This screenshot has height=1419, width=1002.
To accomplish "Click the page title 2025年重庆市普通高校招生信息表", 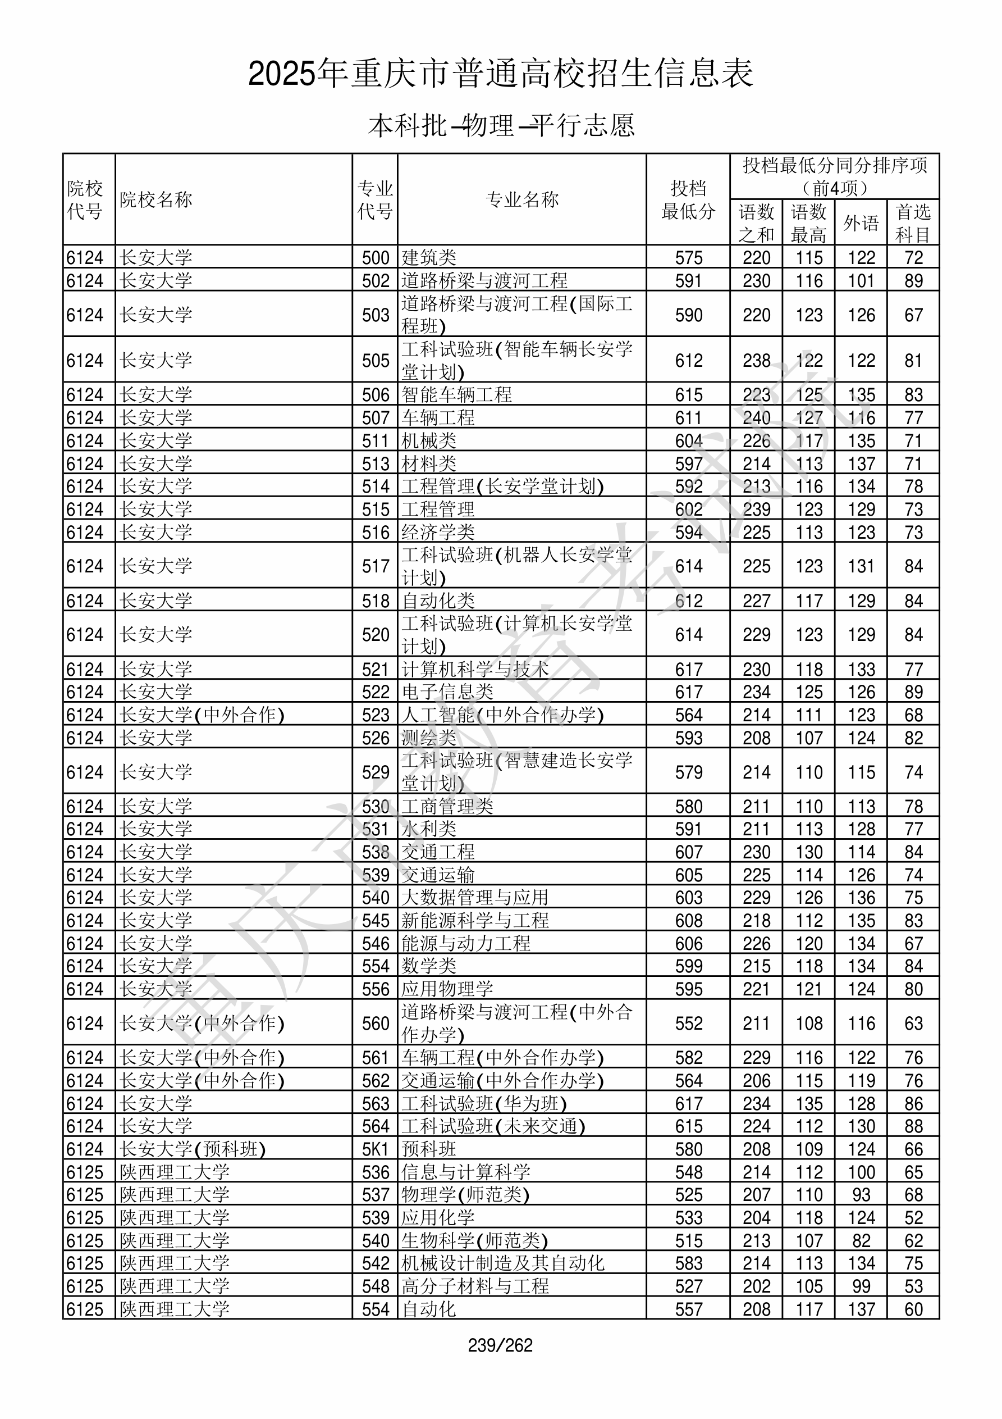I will [x=500, y=74].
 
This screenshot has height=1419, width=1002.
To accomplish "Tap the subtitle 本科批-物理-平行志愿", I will [x=501, y=125].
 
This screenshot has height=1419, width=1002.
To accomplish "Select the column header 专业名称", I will [x=522, y=199].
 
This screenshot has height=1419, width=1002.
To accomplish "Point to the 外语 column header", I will [x=861, y=222].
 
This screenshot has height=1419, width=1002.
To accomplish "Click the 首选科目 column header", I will [x=913, y=222].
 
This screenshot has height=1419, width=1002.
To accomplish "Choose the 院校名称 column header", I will [x=156, y=199].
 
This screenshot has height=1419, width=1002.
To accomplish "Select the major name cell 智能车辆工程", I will [x=456, y=394].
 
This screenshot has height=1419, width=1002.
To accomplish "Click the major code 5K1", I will [x=375, y=1149].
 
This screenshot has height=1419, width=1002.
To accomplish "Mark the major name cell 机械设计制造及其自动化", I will [x=503, y=1263].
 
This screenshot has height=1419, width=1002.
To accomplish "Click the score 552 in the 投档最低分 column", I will [x=688, y=1024].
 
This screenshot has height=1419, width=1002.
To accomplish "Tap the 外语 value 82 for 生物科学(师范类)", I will [x=861, y=1241].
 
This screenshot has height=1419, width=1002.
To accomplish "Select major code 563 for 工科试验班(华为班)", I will [x=375, y=1104].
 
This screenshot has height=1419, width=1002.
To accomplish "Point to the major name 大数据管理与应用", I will [x=475, y=897].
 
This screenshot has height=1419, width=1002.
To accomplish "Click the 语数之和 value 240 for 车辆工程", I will [x=756, y=418].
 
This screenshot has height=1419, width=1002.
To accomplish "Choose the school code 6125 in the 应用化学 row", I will [x=85, y=1217].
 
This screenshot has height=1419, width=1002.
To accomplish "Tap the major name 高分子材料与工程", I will [x=475, y=1286].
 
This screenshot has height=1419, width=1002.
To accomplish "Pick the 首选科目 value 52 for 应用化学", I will [x=913, y=1217].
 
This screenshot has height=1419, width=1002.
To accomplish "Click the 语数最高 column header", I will [x=809, y=222].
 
